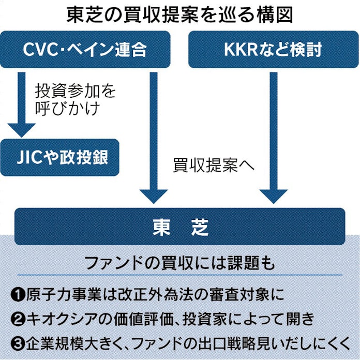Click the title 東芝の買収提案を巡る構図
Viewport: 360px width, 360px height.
click(x=179, y=14)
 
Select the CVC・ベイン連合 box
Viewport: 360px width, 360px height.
click(x=85, y=50)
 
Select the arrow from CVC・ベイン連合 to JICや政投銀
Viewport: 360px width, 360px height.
click(x=22, y=103)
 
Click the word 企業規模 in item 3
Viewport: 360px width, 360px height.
click(x=50, y=342)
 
